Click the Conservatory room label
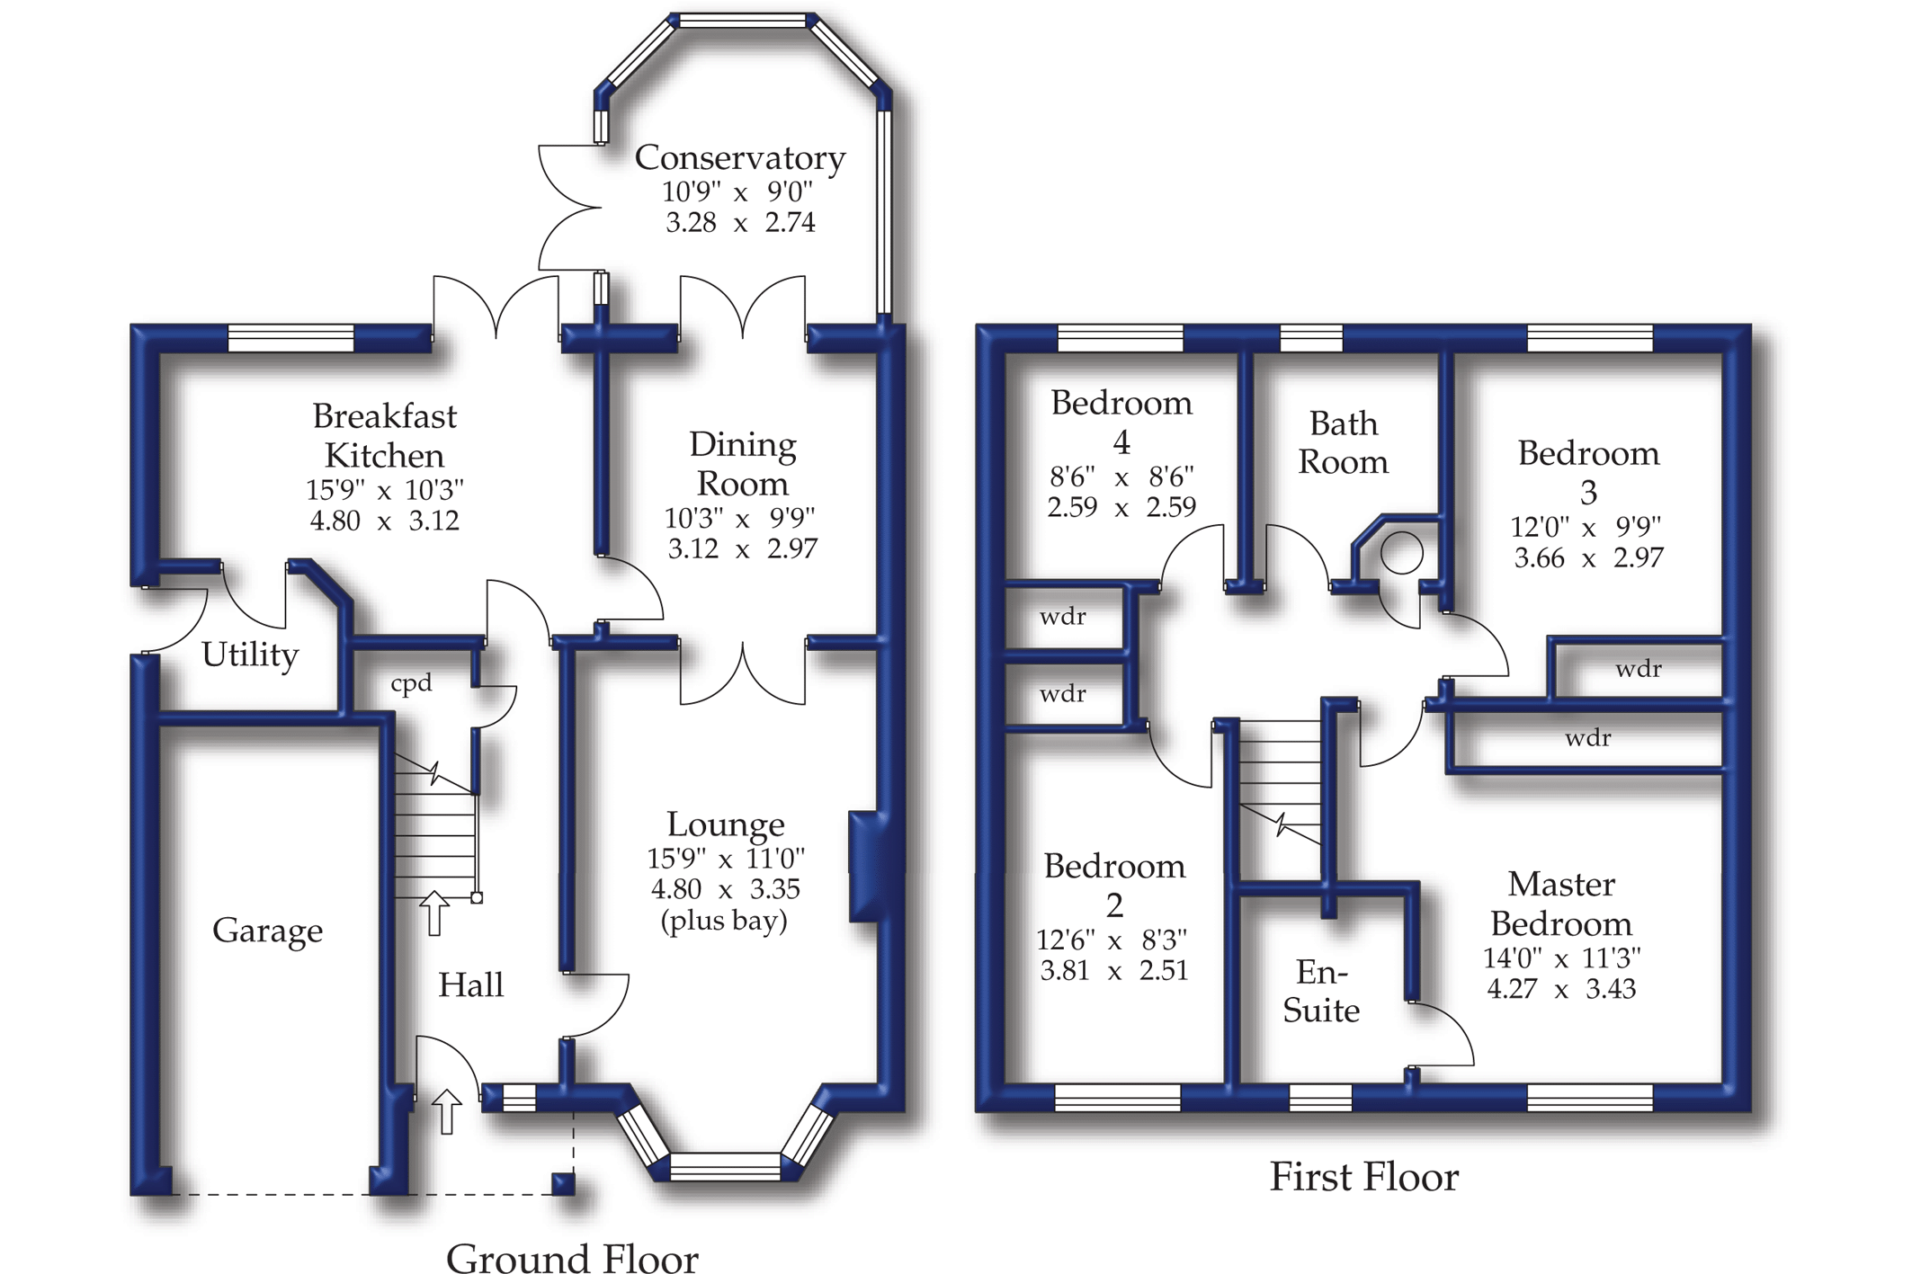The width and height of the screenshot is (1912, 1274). coord(739,158)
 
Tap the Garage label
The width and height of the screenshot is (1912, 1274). coord(267,931)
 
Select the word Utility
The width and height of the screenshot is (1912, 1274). coord(249,655)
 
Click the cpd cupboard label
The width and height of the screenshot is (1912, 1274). coord(411,683)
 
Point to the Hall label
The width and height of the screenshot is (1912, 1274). coord(470,985)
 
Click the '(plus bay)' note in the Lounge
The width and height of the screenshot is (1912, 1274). coord(724,921)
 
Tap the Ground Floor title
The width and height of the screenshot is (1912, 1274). coord(572,1258)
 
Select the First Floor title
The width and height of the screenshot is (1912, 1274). coord(1363,1177)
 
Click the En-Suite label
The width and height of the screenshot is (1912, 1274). coord(1320,991)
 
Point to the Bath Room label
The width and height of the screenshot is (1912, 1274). coord(1343,442)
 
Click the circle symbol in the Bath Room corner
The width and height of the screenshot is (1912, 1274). coord(1401,552)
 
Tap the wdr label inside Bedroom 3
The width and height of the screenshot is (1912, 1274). coord(1638,669)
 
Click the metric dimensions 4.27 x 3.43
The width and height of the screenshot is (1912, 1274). coord(1561,989)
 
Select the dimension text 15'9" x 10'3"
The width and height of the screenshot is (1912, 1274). coord(384,490)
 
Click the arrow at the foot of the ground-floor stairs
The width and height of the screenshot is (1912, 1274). coord(434,913)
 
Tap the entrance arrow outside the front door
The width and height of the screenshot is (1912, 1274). coord(446,1111)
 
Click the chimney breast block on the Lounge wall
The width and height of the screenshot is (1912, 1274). coord(866,867)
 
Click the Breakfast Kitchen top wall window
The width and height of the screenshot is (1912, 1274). coord(290,338)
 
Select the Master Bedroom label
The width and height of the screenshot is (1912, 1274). coord(1561,904)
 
